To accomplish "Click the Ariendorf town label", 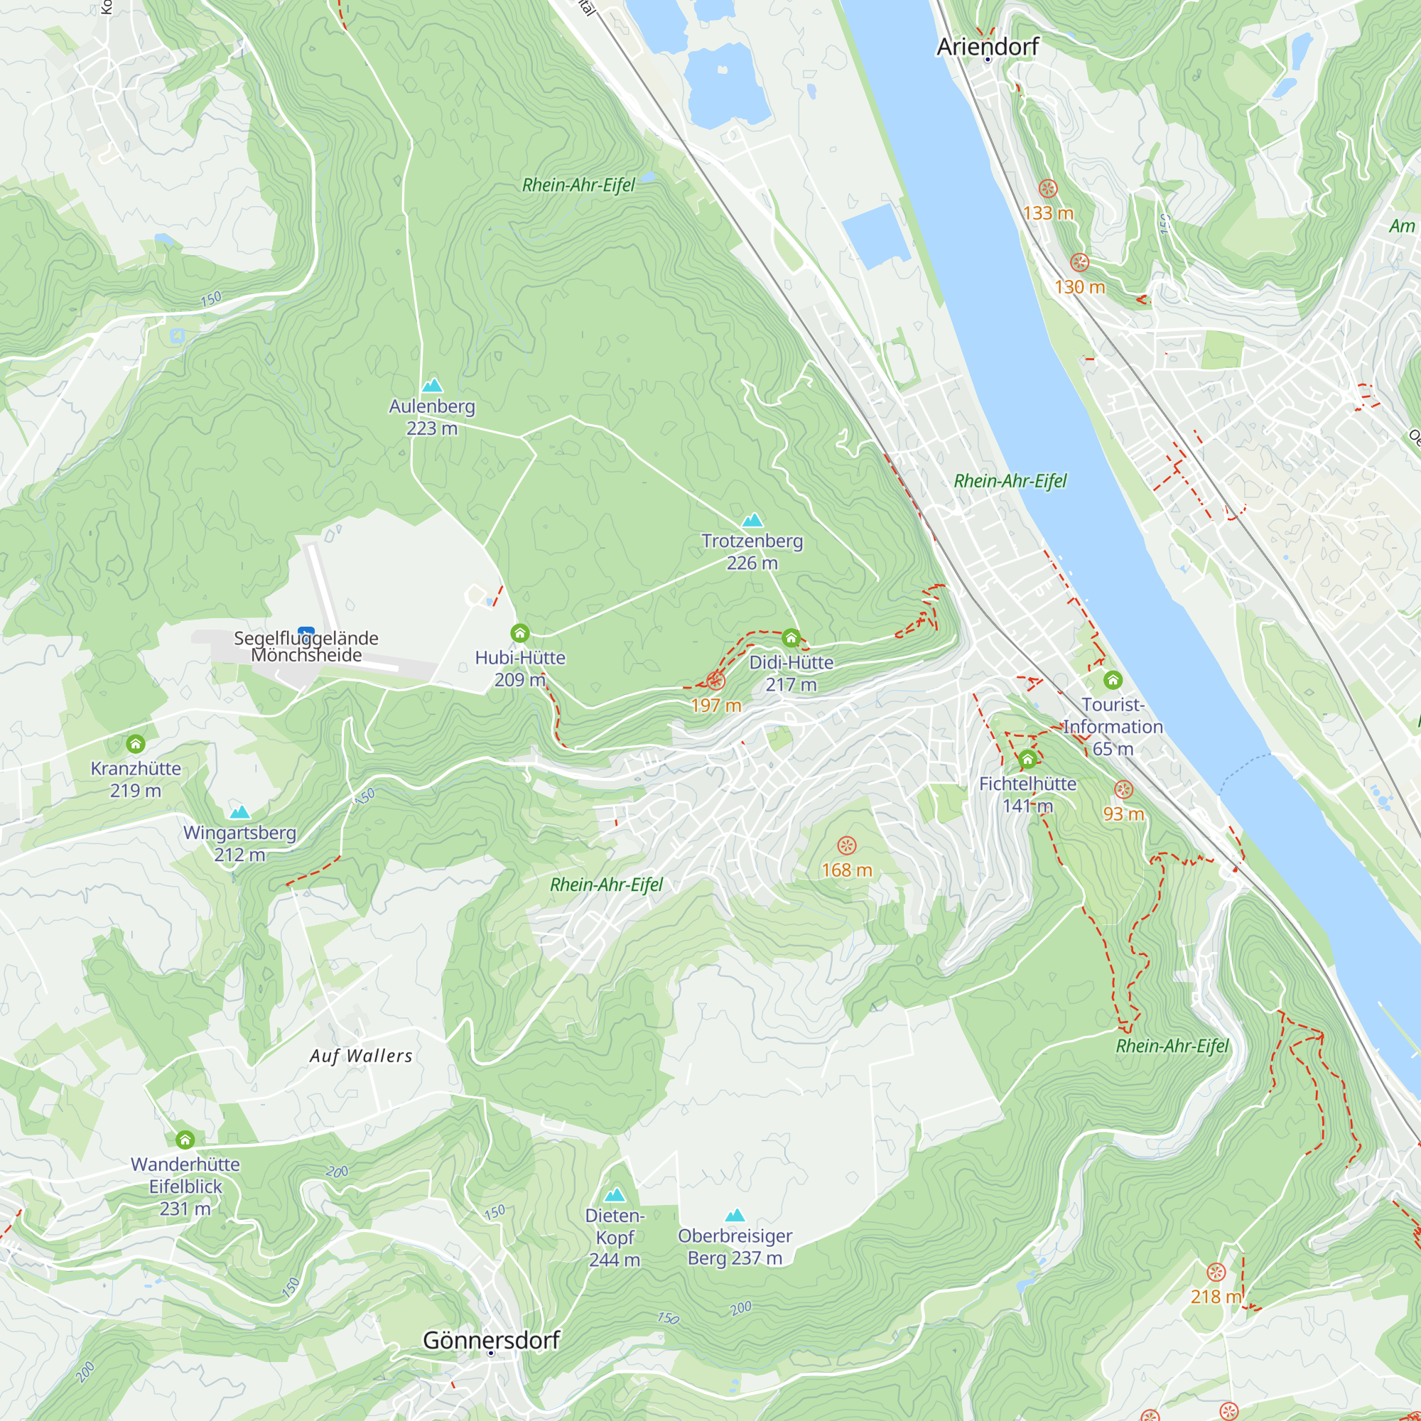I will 987,46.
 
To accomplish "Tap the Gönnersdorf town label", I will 492,1340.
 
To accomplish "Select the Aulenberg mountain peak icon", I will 433,385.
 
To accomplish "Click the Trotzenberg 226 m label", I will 752,551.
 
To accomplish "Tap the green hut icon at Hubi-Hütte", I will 520,633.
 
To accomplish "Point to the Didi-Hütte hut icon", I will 791,638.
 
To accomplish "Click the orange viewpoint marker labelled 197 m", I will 715,681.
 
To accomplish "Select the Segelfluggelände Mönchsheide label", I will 306,647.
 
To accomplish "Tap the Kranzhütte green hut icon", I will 135,745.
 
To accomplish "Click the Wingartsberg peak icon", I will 239,812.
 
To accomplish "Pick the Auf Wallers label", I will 360,1057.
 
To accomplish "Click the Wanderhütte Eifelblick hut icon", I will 185,1140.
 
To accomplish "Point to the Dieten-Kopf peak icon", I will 614,1194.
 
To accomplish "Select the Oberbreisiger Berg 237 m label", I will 735,1247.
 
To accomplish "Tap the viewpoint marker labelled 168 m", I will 847,845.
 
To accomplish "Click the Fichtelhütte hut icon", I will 1027,759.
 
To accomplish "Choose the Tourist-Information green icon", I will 1113,680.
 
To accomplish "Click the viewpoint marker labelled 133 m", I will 1048,189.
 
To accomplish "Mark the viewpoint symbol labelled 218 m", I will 1216,1273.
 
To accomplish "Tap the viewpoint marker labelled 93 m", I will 1123,790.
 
